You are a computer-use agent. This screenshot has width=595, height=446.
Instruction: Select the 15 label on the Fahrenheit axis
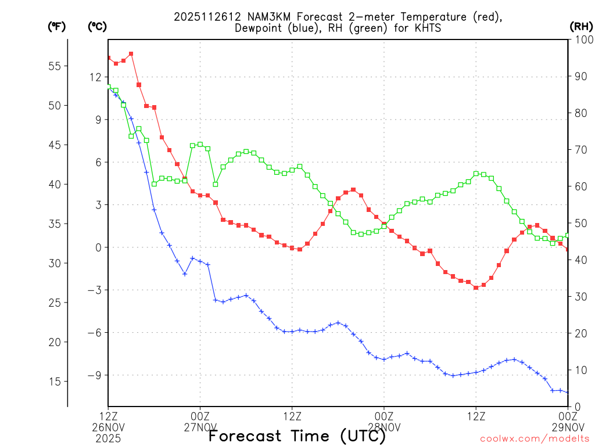[x=54, y=382]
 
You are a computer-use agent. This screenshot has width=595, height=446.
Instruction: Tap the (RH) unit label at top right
[x=580, y=26]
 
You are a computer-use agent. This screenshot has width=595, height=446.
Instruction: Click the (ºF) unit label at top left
[x=56, y=26]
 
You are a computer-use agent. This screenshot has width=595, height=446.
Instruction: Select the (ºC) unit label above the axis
[x=97, y=26]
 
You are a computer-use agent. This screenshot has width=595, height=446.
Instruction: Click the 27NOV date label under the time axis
[x=200, y=427]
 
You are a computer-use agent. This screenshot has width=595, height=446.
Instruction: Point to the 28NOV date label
[x=384, y=427]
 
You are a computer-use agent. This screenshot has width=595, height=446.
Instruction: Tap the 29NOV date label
[x=568, y=427]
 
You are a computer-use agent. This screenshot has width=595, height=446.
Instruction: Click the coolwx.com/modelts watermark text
[x=535, y=438]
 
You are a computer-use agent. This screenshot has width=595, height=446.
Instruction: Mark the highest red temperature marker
[x=131, y=54]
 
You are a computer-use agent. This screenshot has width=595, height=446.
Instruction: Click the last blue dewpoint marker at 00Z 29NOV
[x=568, y=393]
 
